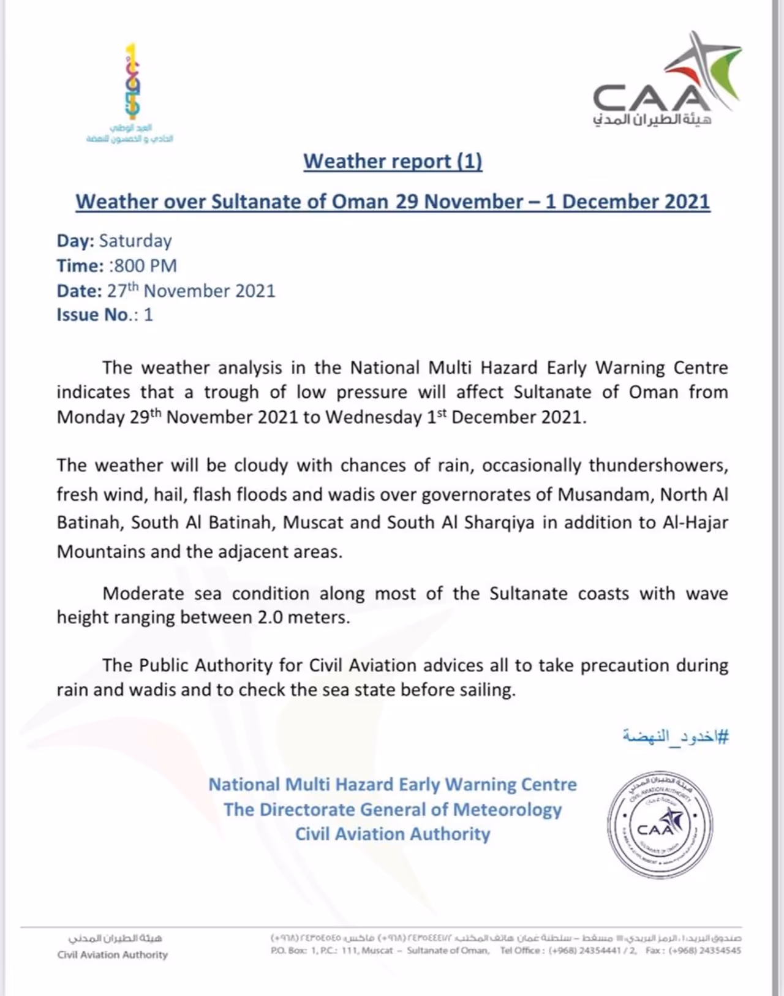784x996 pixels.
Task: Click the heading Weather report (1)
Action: point(393,161)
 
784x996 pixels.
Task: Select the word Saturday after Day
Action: point(135,241)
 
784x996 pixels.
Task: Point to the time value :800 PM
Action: point(143,266)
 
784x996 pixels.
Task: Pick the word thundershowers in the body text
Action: point(658,466)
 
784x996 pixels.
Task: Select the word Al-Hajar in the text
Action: point(695,523)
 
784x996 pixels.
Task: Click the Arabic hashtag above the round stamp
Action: point(676,736)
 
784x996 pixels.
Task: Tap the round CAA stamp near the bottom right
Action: point(660,824)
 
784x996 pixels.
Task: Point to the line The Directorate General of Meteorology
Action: point(393,810)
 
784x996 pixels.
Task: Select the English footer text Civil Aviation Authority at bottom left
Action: point(112,954)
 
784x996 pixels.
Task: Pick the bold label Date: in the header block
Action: point(79,291)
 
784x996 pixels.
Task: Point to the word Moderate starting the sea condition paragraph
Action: point(145,594)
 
